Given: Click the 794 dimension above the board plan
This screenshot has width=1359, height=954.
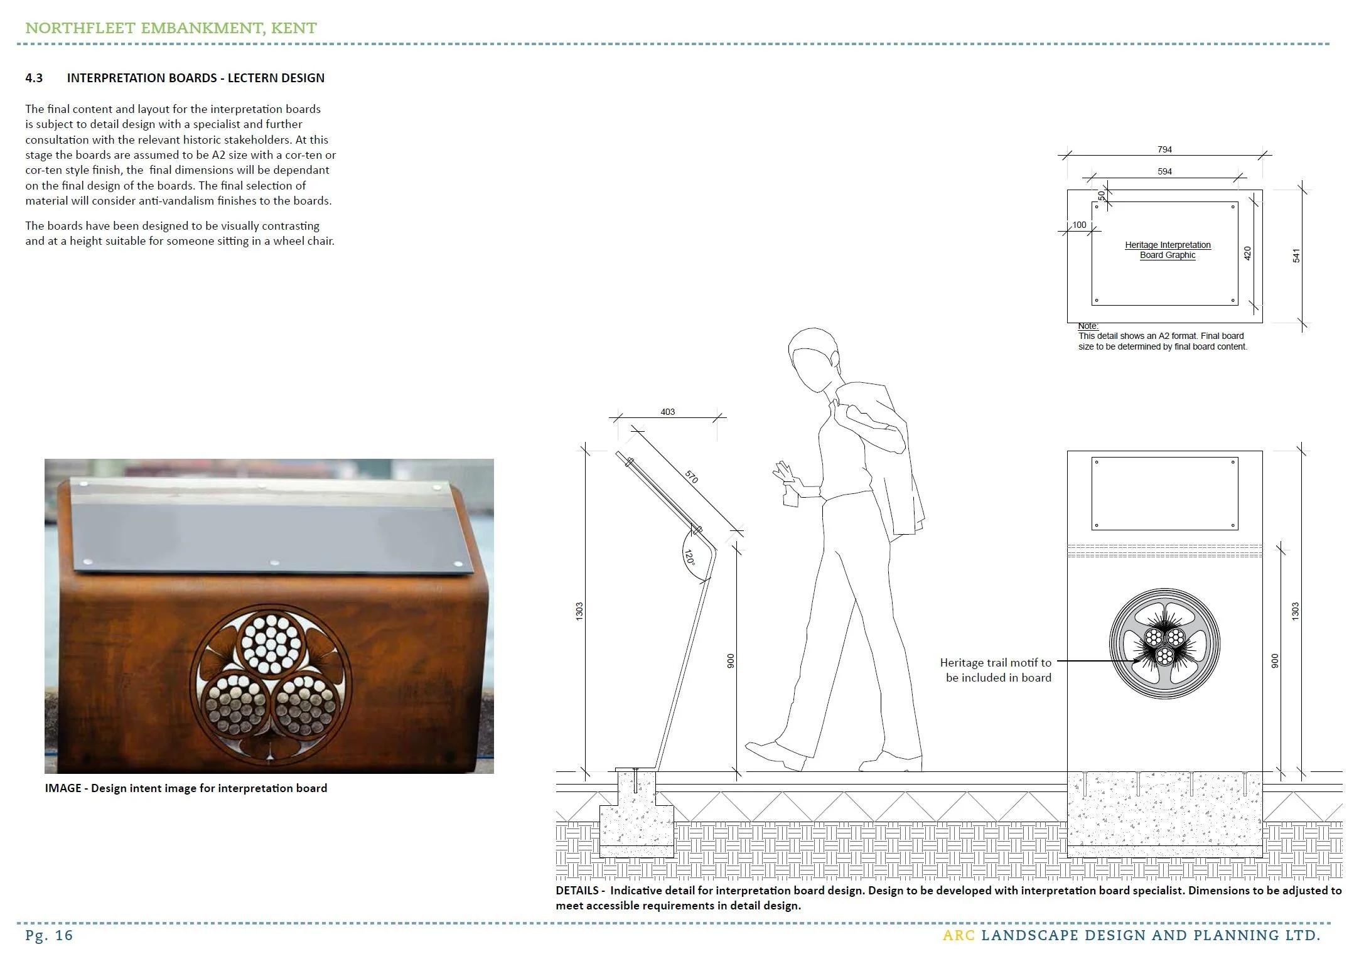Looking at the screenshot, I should tap(1164, 149).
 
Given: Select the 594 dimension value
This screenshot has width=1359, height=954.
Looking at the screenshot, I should tap(1164, 171).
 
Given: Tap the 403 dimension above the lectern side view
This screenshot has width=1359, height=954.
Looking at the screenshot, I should tap(667, 412).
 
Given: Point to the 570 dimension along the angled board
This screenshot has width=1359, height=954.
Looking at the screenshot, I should tap(691, 477).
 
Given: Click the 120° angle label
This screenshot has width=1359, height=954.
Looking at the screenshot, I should tap(689, 558).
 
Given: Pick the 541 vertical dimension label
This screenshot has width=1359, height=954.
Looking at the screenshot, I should tap(1296, 255).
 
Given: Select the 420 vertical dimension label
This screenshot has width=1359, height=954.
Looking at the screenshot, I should tap(1247, 254).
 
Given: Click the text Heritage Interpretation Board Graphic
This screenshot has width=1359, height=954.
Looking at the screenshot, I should tap(1168, 250).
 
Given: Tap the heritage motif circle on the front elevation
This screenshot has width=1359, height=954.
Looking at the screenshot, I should tap(1164, 644).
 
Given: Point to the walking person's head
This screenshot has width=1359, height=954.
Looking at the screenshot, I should tap(812, 358).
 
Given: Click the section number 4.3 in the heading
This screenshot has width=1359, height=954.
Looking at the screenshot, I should tap(34, 78).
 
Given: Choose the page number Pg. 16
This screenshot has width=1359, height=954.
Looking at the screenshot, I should tap(49, 935).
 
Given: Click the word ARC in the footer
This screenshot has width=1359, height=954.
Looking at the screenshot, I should tap(959, 935).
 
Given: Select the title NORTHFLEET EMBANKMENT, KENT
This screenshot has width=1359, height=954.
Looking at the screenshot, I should tap(171, 28).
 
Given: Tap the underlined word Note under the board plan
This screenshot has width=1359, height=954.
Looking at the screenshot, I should tap(1088, 326).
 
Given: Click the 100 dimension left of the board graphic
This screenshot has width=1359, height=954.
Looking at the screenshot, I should tap(1079, 225).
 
